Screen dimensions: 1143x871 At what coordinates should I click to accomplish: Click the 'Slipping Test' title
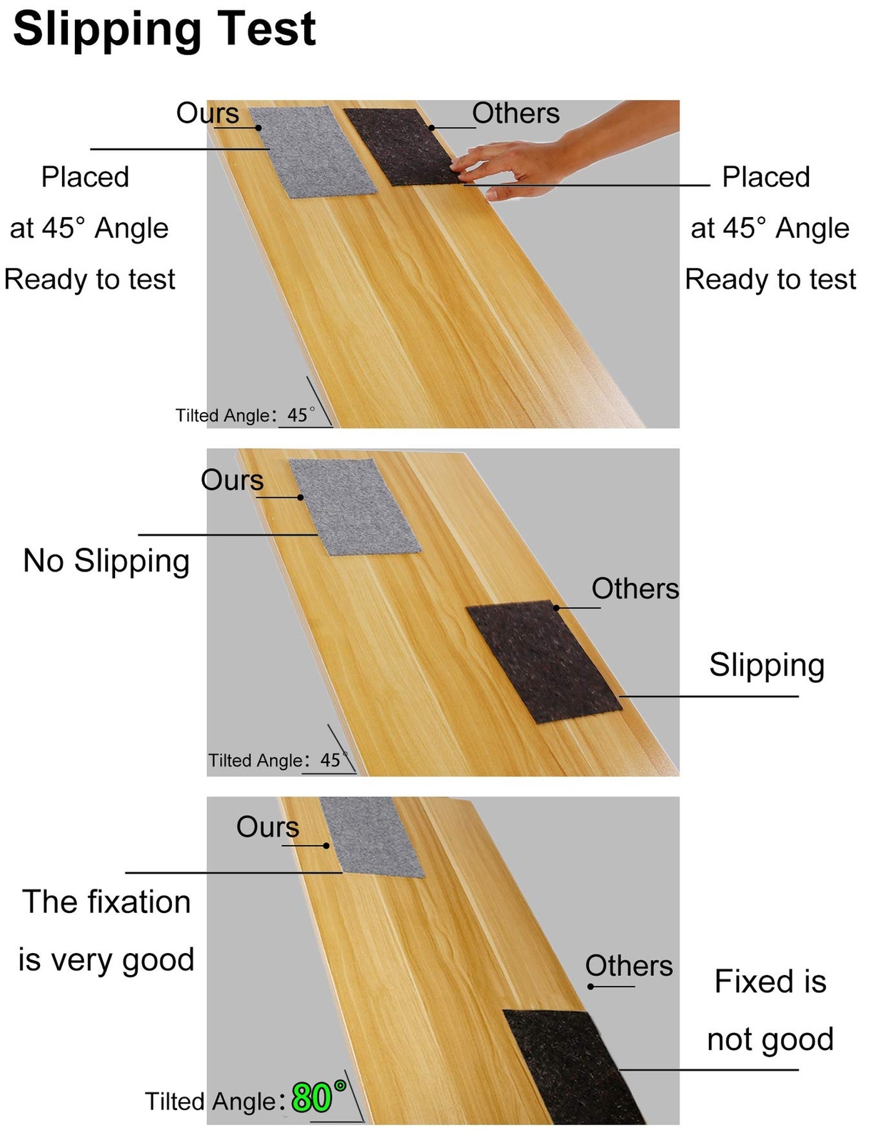(x=164, y=30)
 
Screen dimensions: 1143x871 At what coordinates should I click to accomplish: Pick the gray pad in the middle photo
(x=354, y=506)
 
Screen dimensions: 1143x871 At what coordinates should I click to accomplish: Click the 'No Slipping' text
(x=106, y=561)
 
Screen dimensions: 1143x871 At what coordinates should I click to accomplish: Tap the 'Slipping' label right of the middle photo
(x=767, y=666)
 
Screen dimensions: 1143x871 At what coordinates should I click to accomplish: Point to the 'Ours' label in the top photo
(x=208, y=114)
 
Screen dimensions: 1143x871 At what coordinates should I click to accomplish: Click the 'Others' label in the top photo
(x=515, y=114)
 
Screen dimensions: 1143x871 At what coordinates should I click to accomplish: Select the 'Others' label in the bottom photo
(x=629, y=967)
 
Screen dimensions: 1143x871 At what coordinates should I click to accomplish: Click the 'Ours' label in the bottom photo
(x=268, y=827)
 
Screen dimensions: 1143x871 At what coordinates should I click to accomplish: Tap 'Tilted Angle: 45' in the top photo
(x=243, y=415)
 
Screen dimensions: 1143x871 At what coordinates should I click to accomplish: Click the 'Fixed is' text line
(x=770, y=982)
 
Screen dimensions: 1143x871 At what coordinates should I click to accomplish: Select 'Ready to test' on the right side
(x=770, y=279)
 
